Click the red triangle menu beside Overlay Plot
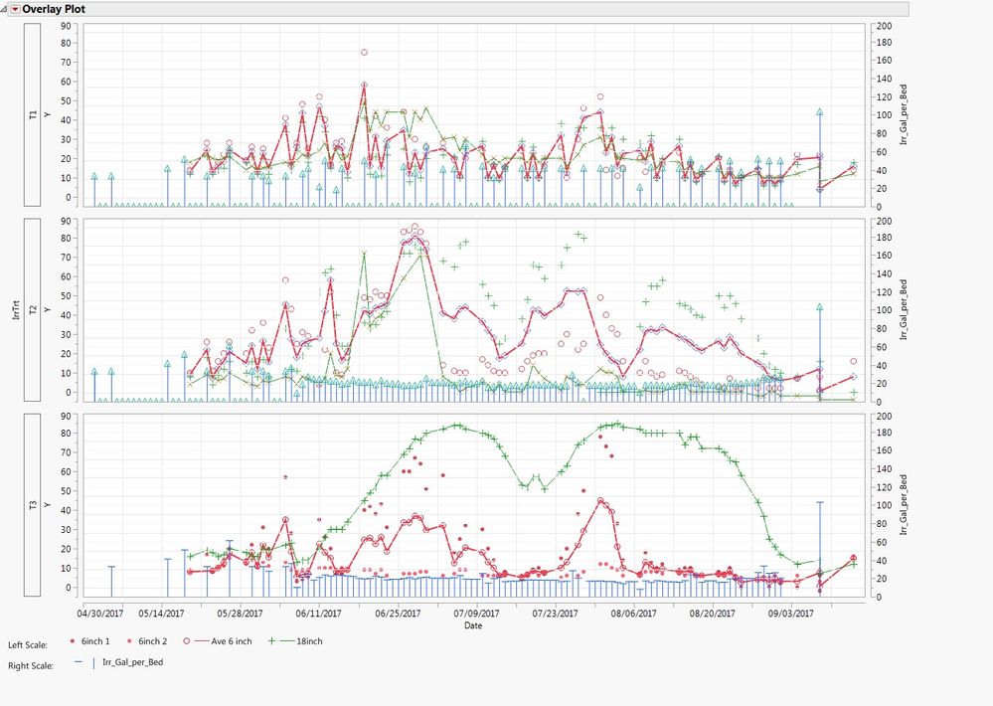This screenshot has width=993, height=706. [15, 8]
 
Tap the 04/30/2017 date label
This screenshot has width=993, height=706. [100, 614]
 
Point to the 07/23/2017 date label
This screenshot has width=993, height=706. [555, 614]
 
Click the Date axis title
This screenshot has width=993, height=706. [473, 625]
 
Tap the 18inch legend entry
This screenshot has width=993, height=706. [299, 641]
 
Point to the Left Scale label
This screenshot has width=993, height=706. [27, 645]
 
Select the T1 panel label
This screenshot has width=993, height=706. [33, 115]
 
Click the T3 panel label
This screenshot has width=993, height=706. [33, 506]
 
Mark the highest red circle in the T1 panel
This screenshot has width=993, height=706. [364, 52]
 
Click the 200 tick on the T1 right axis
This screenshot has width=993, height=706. [884, 27]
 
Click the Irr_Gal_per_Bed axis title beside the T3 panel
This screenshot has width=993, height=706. [904, 506]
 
